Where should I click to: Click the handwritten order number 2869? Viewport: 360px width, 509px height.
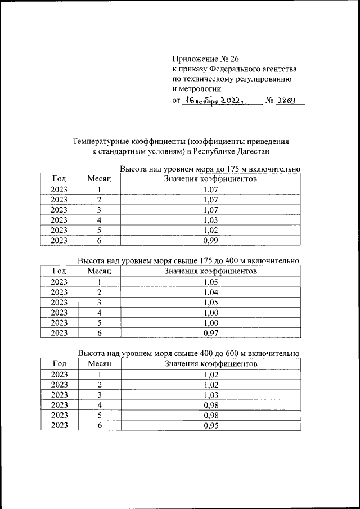click(289, 101)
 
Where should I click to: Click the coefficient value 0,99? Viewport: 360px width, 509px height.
click(210, 240)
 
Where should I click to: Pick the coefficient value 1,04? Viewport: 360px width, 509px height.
click(210, 292)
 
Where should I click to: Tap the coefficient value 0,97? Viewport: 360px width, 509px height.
click(210, 332)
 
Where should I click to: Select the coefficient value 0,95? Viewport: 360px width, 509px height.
click(210, 425)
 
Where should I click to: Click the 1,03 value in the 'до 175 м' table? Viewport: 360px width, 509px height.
click(210, 220)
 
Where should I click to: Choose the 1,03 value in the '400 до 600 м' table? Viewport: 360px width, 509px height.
click(210, 395)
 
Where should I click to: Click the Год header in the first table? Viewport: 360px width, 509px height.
click(59, 179)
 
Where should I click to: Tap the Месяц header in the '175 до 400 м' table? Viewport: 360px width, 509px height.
click(100, 271)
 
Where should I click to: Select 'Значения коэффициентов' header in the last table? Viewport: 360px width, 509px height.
click(210, 364)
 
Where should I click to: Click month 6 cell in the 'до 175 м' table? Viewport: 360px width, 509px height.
click(99, 240)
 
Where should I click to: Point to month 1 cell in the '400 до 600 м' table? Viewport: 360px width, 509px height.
click(99, 375)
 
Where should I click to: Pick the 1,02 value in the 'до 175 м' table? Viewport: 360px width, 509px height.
click(210, 230)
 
